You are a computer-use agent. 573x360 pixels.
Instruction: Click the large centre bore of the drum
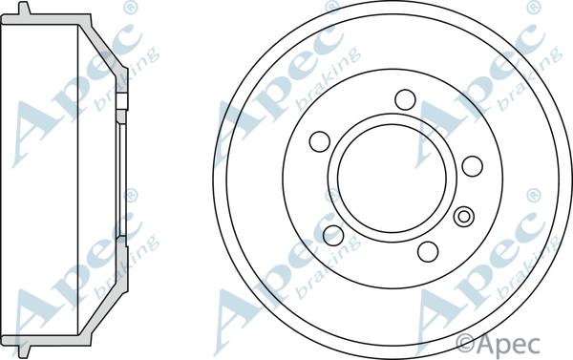[x=393, y=178]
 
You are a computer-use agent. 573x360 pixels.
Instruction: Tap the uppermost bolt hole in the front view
[x=405, y=99]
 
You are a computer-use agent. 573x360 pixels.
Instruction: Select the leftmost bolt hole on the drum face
[x=320, y=141]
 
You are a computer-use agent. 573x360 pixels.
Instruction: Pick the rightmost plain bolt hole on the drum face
[x=473, y=166]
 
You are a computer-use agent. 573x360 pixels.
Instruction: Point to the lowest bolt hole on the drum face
[x=428, y=251]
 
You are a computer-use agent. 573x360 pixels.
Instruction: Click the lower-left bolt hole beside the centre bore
[x=333, y=235]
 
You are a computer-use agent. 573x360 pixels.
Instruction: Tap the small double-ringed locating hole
[x=464, y=217]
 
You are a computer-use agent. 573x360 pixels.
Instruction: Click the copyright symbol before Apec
[x=466, y=344]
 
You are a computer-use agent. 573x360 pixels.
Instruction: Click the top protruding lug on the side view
[x=24, y=8]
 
